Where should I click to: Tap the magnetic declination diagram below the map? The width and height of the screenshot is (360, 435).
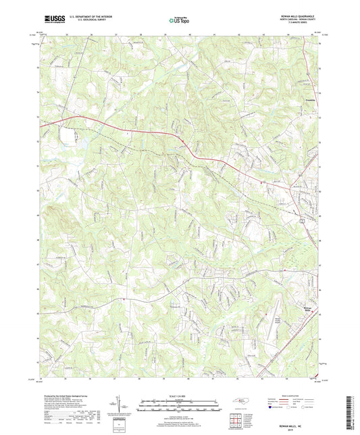[122, 405]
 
